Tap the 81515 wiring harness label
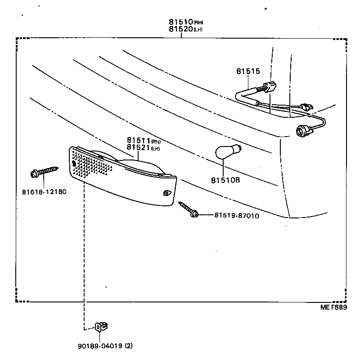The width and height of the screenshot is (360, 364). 246,71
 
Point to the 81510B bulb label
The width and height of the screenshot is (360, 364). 225,180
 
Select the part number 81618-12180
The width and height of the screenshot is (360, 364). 44,191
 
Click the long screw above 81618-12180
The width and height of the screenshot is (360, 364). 45,172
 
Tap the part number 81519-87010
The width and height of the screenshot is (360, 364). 236,216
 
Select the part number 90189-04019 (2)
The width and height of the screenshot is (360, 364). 104,346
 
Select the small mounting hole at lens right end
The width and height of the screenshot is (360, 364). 166,193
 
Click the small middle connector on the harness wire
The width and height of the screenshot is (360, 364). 307,107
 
